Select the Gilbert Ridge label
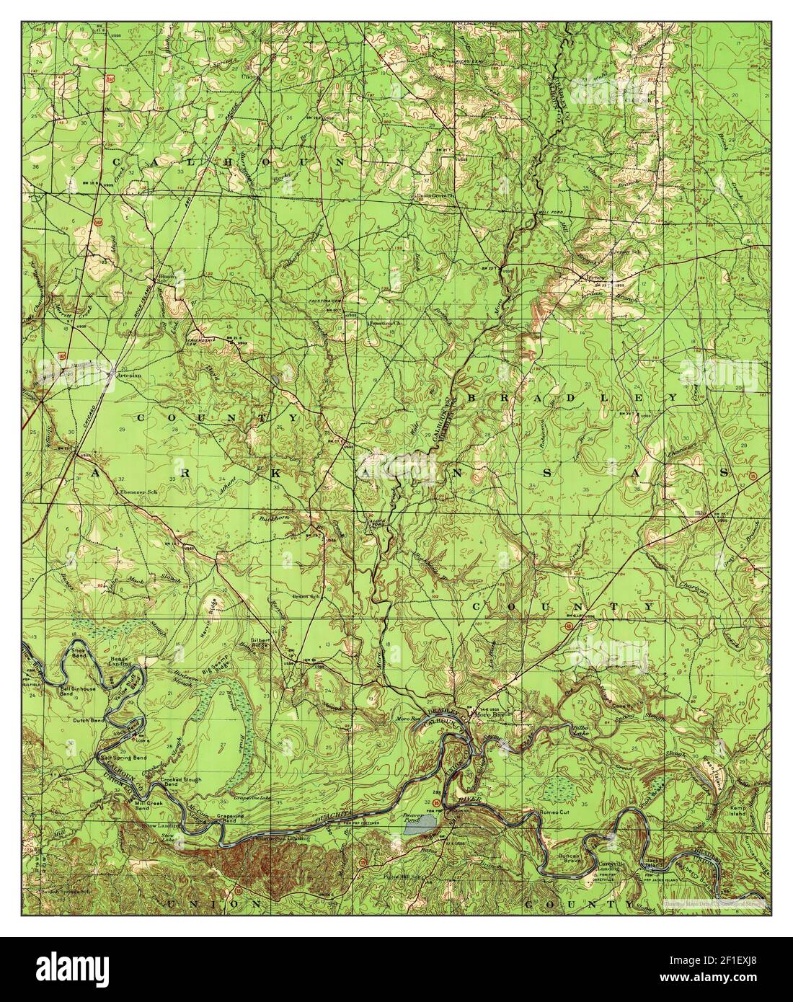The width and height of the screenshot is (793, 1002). coord(260,643)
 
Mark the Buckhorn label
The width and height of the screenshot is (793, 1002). coord(273,518)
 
